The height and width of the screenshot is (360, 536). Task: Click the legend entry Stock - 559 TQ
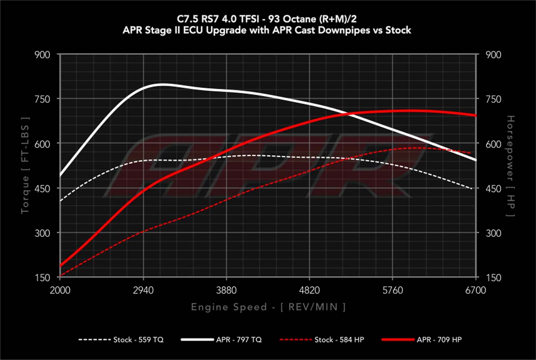(121, 340)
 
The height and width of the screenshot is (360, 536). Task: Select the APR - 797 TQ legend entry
(221, 340)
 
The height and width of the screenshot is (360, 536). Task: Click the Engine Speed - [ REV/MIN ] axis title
(268, 307)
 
